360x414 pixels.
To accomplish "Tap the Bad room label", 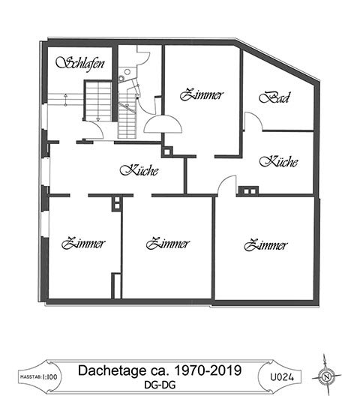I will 274,97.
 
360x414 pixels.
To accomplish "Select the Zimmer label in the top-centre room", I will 202,95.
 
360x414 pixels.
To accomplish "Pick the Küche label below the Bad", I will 278,162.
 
